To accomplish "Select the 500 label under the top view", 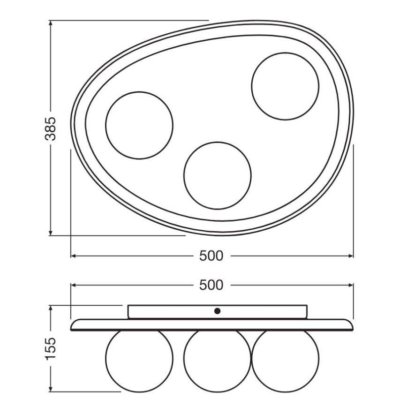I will pyautogui.click(x=211, y=256).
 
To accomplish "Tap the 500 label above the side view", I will pyautogui.click(x=211, y=285).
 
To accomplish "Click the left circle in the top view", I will pyautogui.click(x=139, y=125).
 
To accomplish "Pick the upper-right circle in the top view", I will pyautogui.click(x=285, y=85).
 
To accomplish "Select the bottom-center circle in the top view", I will pyautogui.click(x=218, y=175).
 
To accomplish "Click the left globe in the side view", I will pyautogui.click(x=139, y=360).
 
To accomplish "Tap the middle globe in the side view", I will pyautogui.click(x=217, y=360).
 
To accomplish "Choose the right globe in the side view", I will pyautogui.click(x=286, y=360).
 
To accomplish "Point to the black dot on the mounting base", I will pyautogui.click(x=217, y=310).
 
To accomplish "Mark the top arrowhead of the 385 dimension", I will pyautogui.click(x=51, y=23).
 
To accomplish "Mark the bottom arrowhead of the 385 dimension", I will pyautogui.click(x=51, y=233).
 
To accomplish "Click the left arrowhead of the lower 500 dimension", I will pyautogui.click(x=74, y=256).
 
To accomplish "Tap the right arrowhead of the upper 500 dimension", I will pyautogui.click(x=350, y=285).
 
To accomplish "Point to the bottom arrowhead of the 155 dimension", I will pyautogui.click(x=51, y=388).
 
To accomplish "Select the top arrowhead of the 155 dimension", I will pyautogui.click(x=51, y=309).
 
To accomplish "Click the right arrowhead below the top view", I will pyautogui.click(x=350, y=256).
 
